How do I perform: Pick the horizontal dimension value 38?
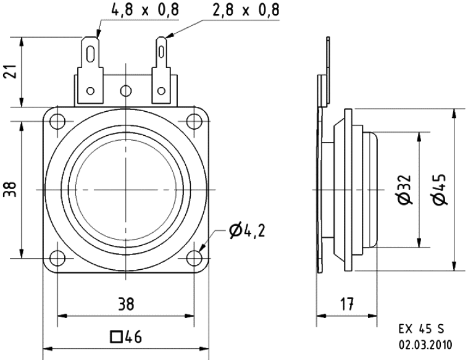point(126,304)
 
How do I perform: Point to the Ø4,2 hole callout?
point(248,232)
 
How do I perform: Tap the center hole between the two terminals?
point(126,91)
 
